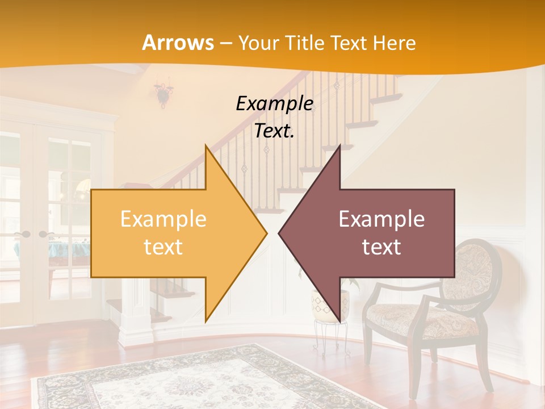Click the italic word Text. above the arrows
pyautogui.click(x=274, y=131)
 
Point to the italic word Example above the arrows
pyautogui.click(x=274, y=103)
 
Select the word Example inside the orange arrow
pyautogui.click(x=163, y=219)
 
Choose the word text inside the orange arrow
pyautogui.click(x=163, y=247)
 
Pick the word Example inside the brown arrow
pyautogui.click(x=381, y=219)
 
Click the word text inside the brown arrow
pyautogui.click(x=381, y=247)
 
